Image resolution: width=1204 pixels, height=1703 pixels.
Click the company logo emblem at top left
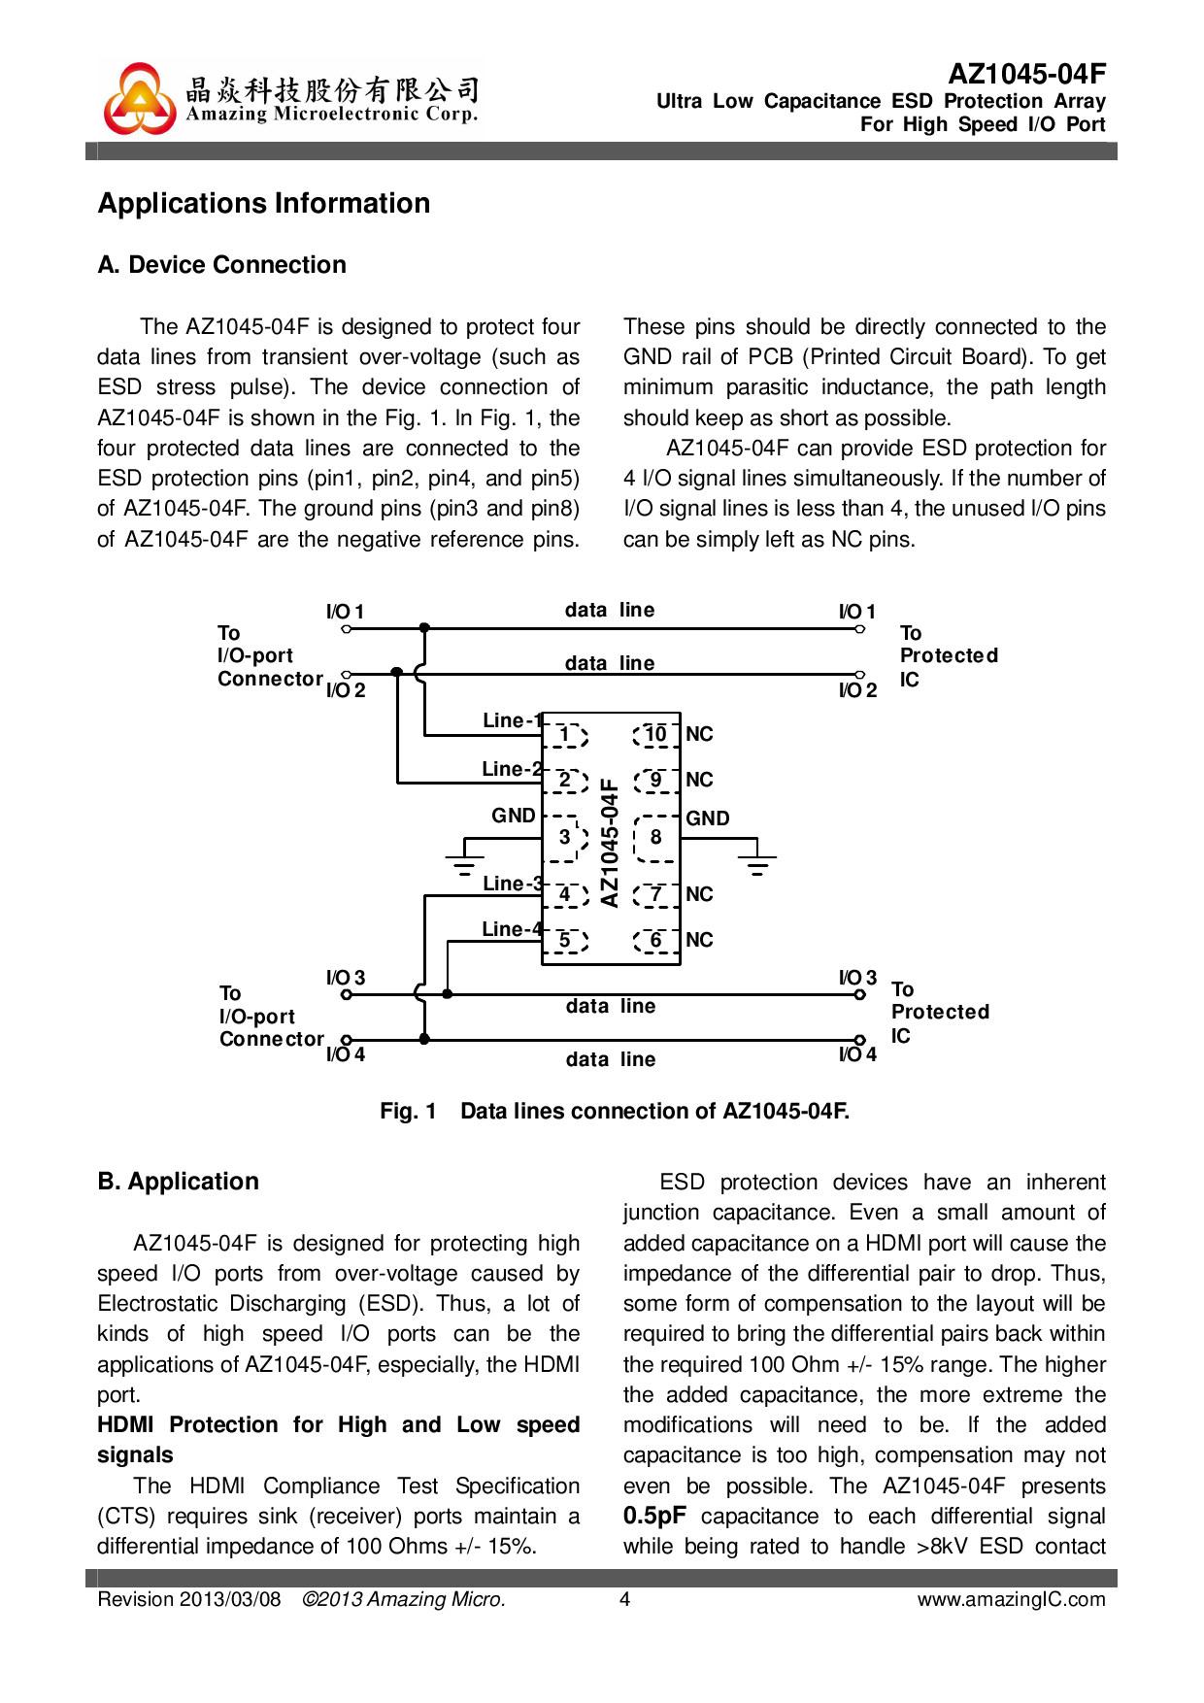point(140,99)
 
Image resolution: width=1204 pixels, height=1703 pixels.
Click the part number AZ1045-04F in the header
point(1026,75)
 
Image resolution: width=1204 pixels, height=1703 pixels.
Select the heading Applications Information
point(264,203)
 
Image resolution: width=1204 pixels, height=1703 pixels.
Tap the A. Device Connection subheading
point(222,265)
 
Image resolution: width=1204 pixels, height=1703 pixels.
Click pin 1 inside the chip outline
point(566,735)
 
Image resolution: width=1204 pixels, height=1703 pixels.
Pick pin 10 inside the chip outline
point(656,734)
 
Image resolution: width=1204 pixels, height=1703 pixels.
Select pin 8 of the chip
point(656,837)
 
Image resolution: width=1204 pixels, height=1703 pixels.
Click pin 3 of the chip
point(565,837)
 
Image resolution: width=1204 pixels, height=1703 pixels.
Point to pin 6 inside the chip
point(656,940)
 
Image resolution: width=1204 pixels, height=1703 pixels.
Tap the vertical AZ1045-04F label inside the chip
point(610,842)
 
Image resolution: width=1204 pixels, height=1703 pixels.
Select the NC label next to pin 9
point(699,780)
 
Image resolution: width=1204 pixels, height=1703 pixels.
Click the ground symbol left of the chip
point(465,863)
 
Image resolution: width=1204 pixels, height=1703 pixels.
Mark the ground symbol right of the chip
point(757,863)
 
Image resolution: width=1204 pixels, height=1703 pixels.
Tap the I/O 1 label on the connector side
point(345,612)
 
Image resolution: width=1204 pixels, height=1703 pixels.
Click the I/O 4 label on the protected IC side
point(857,1054)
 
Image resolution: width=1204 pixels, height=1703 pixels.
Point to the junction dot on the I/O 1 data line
point(424,629)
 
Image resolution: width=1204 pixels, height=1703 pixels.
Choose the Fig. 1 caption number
point(408,1111)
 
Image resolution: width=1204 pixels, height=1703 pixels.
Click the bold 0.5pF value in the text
point(654,1516)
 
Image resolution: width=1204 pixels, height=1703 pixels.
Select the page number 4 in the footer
point(625,1599)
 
